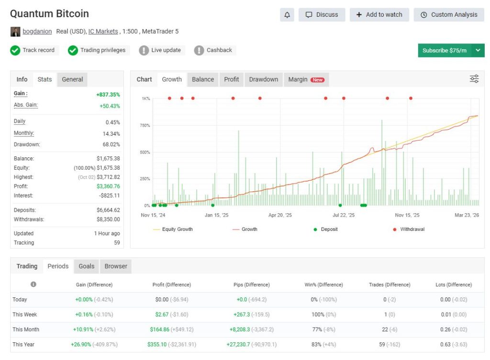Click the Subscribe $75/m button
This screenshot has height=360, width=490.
445,51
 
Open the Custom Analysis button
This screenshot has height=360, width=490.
449,15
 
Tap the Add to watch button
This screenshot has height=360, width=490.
379,15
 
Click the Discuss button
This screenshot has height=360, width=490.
322,15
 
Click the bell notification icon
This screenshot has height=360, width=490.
287,15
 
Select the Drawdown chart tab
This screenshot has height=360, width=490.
263,79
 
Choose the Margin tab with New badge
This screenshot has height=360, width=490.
306,79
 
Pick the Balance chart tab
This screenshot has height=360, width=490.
203,79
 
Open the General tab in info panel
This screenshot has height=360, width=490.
72,79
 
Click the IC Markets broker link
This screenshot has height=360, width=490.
103,32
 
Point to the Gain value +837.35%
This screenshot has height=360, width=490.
108,95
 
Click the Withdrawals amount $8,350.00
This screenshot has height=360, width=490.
108,219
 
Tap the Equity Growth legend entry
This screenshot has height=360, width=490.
173,229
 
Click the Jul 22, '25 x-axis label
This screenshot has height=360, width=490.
344,215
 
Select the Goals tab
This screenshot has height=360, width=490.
87,266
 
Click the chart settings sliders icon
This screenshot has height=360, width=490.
474,79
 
